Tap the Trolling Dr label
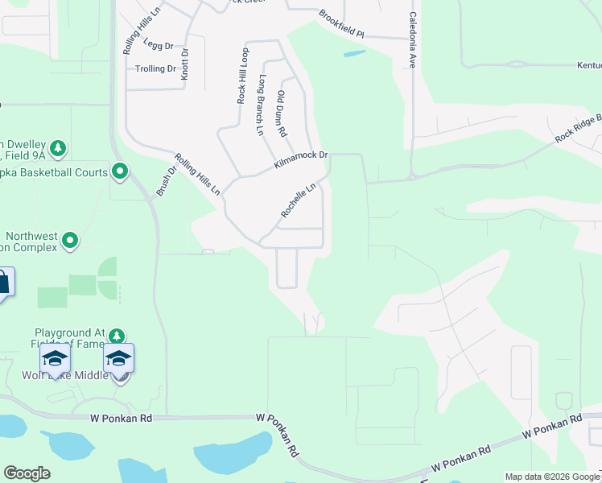pyautogui.click(x=155, y=69)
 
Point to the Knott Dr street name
pyautogui.click(x=185, y=62)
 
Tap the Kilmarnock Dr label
pyautogui.click(x=301, y=155)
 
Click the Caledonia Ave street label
pyautogui.click(x=412, y=39)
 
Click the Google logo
pyautogui.click(x=27, y=473)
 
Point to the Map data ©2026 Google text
pyautogui.click(x=552, y=477)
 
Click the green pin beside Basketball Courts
pyautogui.click(x=120, y=171)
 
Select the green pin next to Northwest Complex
pyautogui.click(x=70, y=240)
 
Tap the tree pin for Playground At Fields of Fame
pyautogui.click(x=118, y=335)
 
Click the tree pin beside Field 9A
pyautogui.click(x=57, y=148)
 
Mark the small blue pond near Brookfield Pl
pyautogui.click(x=353, y=54)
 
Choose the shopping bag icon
pyautogui.click(x=2, y=283)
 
